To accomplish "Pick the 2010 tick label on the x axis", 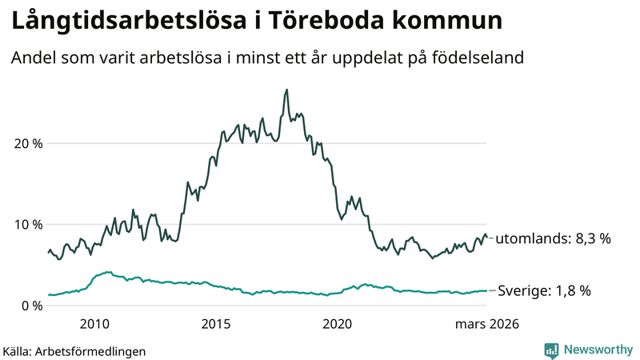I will tap(94, 324).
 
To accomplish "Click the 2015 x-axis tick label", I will tap(216, 324).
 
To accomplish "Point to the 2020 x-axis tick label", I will tap(337, 324).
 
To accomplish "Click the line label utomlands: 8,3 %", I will tap(554, 238).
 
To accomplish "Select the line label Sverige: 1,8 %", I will tap(544, 291).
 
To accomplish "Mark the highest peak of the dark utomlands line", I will tap(286, 90).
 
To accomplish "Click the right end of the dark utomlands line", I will tap(486, 237).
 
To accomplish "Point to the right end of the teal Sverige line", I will tap(486, 291).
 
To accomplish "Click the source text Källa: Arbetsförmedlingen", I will tap(74, 350).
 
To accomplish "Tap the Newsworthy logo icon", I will tap(551, 350).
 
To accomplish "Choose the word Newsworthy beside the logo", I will tap(597, 350).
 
